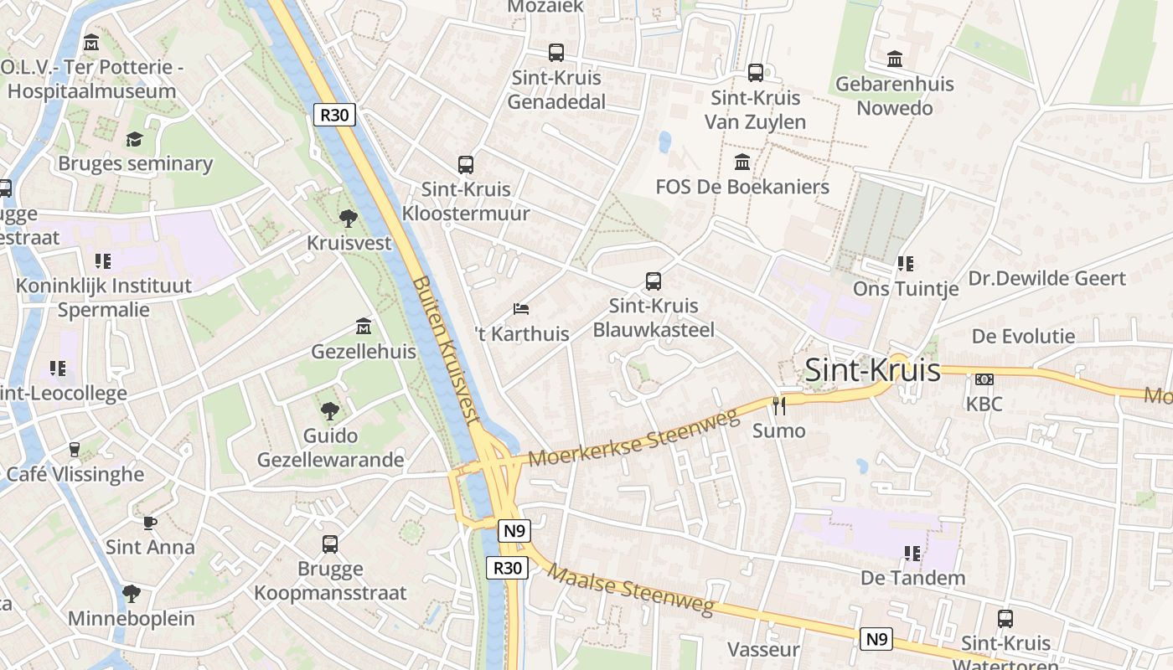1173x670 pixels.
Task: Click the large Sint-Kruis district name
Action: (872, 370)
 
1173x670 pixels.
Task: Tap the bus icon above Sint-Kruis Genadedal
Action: (556, 53)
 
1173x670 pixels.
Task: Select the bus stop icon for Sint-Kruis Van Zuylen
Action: (756, 73)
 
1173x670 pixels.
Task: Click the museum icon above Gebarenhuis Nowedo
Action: (895, 59)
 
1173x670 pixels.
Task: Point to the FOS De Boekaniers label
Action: (742, 187)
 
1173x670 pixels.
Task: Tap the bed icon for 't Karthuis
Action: (521, 309)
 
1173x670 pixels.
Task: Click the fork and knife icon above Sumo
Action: (779, 406)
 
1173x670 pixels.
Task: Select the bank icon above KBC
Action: (984, 379)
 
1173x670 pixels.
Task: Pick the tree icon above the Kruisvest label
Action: (349, 219)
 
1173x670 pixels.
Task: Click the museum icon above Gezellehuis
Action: (364, 326)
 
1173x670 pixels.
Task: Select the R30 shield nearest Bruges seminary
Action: (334, 115)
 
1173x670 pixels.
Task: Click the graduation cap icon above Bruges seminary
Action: (135, 139)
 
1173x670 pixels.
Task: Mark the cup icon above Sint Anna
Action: (150, 523)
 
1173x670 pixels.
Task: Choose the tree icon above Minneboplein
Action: (131, 594)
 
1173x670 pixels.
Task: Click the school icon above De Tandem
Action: (912, 553)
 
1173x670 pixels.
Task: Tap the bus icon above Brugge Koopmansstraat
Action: (330, 544)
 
